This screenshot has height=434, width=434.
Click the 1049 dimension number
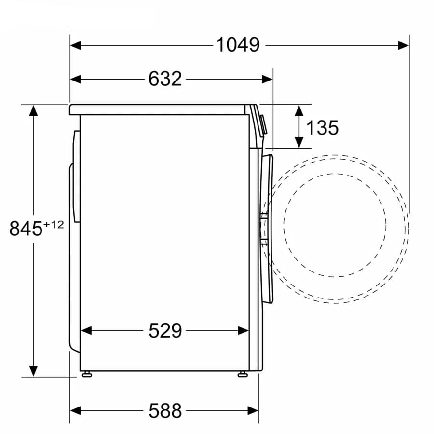(x=237, y=45)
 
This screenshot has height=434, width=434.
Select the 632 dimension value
(x=165, y=79)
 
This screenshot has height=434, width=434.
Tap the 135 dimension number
(x=322, y=128)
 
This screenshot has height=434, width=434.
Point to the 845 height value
(x=26, y=228)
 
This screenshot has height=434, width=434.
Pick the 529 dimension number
(x=165, y=331)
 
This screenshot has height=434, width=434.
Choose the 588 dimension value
(x=165, y=410)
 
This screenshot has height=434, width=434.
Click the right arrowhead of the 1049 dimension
(x=404, y=45)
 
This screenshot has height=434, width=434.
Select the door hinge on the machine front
(x=263, y=229)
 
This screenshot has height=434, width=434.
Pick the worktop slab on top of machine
(x=159, y=109)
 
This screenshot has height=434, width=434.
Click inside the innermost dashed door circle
(x=335, y=225)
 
